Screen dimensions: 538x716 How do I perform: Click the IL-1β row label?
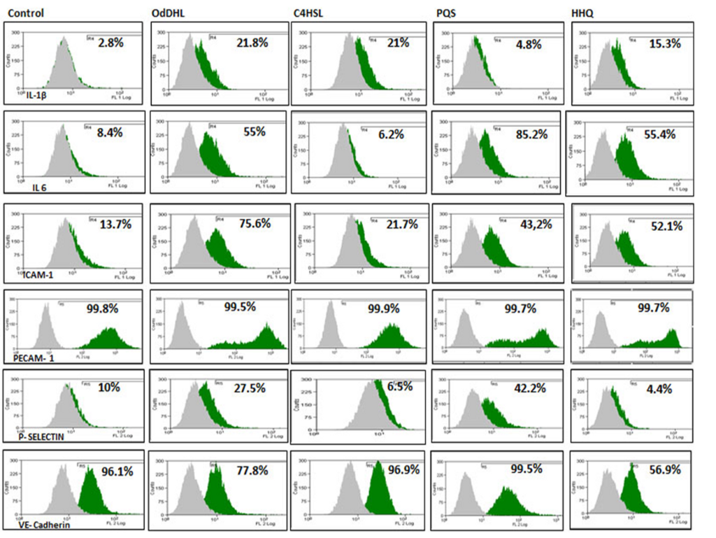pos(41,94)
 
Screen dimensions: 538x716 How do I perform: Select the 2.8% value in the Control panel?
pos(110,43)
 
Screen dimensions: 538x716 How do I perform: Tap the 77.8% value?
pos(250,470)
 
